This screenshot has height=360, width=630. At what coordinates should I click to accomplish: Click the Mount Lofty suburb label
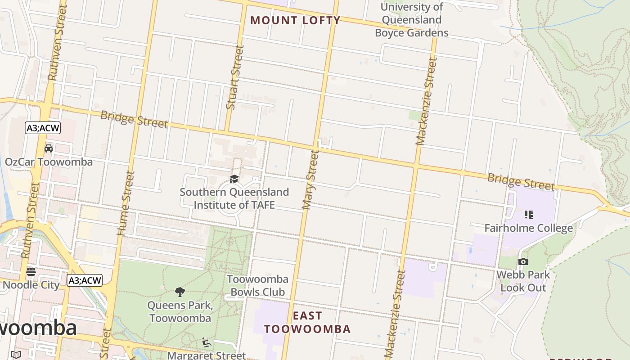pos(295,20)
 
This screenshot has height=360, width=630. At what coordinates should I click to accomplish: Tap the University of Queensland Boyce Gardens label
pos(411,20)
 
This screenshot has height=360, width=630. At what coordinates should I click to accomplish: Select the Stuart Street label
pos(235,77)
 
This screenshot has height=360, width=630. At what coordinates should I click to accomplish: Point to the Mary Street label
pos(310,180)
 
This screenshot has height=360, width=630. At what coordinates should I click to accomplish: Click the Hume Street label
pos(126,203)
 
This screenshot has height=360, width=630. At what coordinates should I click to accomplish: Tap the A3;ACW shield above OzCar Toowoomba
pos(43,128)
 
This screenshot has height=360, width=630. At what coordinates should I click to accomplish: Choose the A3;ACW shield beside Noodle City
pos(85,281)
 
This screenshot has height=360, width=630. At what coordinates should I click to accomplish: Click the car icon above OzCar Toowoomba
pos(49,148)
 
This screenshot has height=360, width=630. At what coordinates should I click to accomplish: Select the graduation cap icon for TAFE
pos(234,179)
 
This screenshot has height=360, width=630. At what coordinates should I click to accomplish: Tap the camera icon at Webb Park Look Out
pos(523,261)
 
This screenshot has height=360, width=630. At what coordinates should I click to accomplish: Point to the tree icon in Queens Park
pos(180,292)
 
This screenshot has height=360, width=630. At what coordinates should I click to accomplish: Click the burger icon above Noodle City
pos(31,272)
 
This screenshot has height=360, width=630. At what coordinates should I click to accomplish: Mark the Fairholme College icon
pos(528,215)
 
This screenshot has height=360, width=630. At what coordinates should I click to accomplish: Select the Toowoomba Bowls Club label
pos(256,286)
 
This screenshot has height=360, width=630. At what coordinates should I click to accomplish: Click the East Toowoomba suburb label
pos(307,322)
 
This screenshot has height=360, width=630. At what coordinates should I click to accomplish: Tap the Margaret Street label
pos(207,355)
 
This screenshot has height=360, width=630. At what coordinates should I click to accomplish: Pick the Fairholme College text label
pos(528,228)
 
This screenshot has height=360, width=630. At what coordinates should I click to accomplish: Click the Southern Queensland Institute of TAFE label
pos(234,198)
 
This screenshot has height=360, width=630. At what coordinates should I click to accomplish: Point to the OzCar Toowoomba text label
pos(49,162)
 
